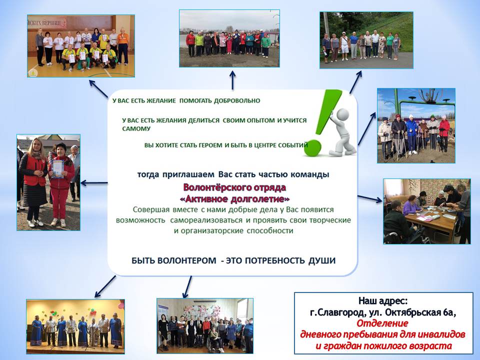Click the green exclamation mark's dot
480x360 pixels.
[312, 148]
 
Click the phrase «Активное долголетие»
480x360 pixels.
[234, 199]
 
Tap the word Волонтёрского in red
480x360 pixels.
[211, 187]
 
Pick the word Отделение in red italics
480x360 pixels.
[382, 323]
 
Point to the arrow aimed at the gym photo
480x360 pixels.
[98, 89]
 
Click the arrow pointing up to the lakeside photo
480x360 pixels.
[232, 80]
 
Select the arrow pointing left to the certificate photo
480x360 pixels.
[94, 183]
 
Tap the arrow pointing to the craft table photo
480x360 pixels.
[370, 198]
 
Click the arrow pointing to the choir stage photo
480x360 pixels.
[105, 286]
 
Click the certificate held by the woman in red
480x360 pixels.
[57, 168]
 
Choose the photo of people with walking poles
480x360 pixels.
[416, 126]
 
